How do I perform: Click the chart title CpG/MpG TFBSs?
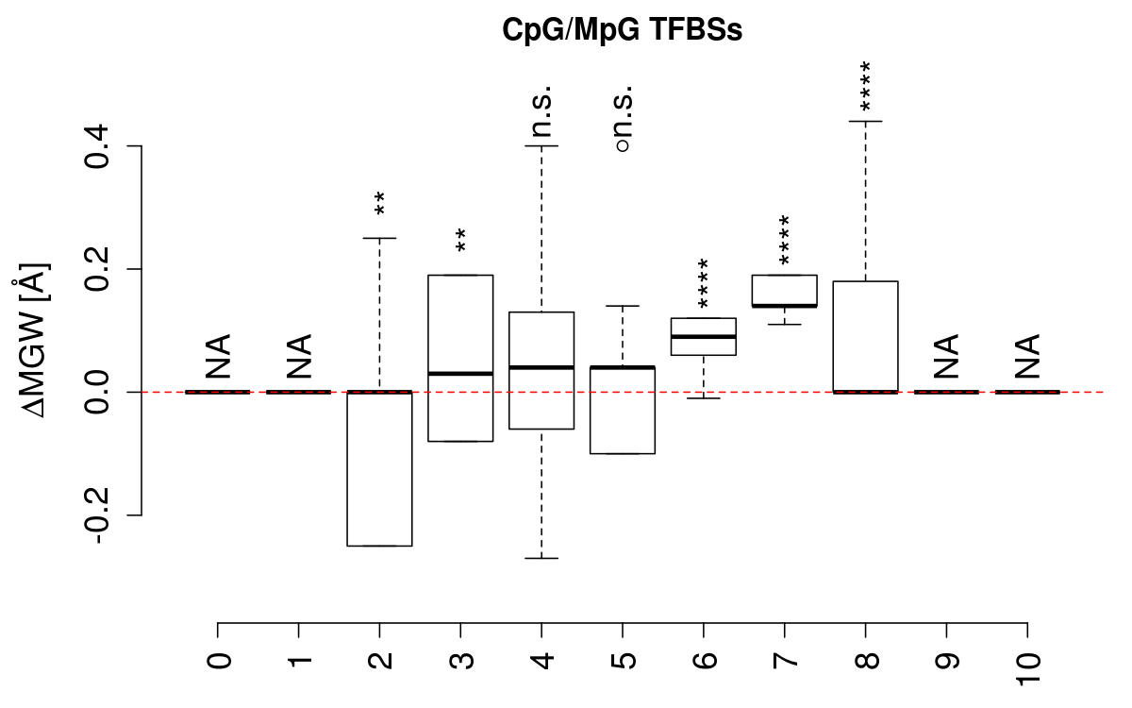[x=623, y=30]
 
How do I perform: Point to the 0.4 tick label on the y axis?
[x=97, y=146]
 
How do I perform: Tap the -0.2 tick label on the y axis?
[x=97, y=514]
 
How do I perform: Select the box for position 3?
[x=460, y=358]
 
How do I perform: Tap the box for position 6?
[x=703, y=337]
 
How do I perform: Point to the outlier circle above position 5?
[x=622, y=146]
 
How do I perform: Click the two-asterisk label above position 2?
[x=379, y=204]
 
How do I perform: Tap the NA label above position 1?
[x=299, y=356]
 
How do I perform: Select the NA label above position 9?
[x=946, y=356]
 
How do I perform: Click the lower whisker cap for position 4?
[x=541, y=558]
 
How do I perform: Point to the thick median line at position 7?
[x=784, y=306]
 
